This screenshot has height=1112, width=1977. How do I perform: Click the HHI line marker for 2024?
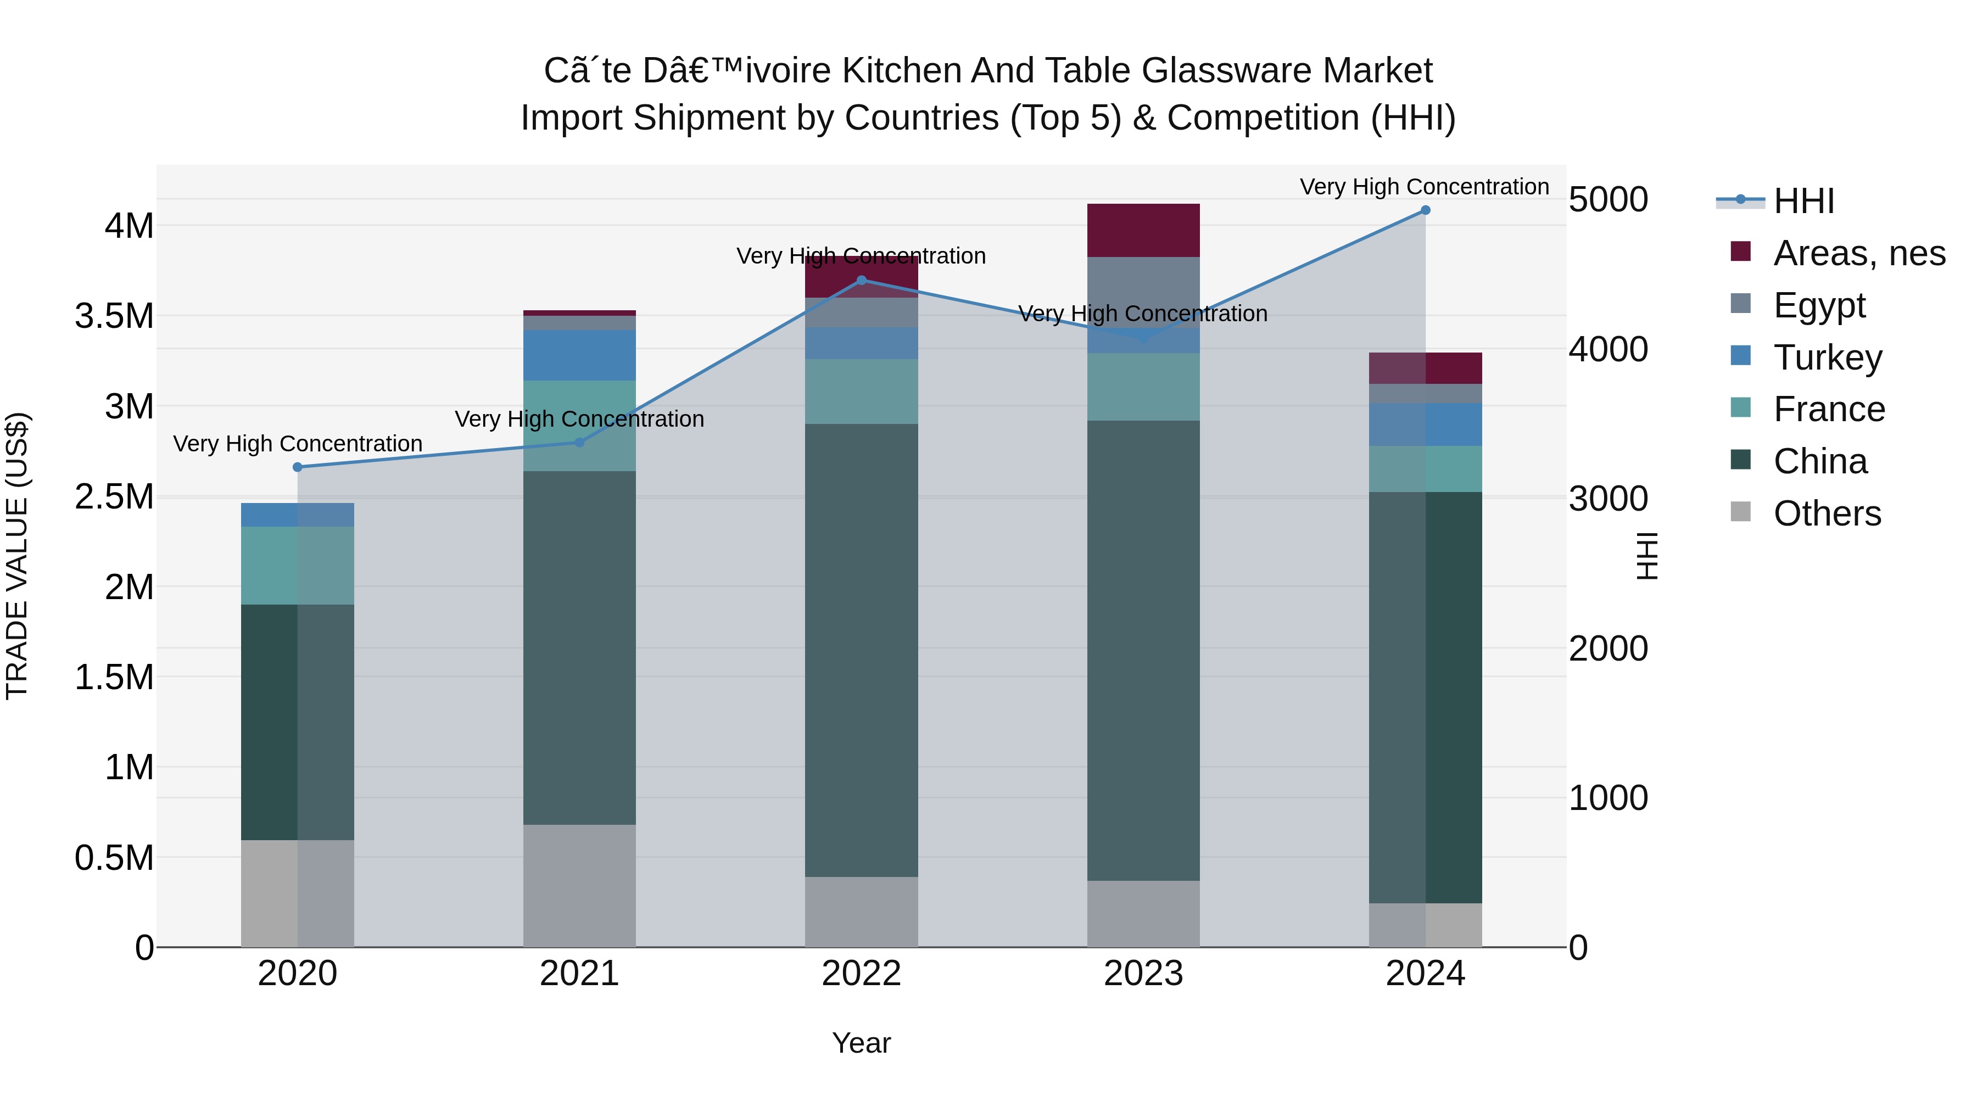[x=1425, y=210]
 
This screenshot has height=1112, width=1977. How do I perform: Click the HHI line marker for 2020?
[x=298, y=467]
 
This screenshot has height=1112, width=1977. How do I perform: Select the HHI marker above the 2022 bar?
[x=861, y=281]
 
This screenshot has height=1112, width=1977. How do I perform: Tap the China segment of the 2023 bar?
[x=1143, y=651]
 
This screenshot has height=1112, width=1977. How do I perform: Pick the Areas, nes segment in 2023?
[x=1143, y=230]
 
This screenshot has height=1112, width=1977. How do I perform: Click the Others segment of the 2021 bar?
[x=579, y=886]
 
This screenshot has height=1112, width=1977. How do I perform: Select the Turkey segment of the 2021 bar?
[x=579, y=355]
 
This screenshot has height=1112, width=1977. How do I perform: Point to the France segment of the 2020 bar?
[x=298, y=566]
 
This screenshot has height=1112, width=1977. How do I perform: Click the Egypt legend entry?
[x=1819, y=305]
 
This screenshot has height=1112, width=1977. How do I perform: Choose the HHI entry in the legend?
[x=1803, y=201]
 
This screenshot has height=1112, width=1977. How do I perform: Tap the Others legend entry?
[x=1827, y=513]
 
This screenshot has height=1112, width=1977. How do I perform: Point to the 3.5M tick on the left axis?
[x=114, y=316]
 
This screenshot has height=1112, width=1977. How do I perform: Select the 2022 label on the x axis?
[x=861, y=974]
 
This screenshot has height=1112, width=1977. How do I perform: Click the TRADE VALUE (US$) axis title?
[x=17, y=556]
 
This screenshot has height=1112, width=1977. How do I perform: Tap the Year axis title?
[x=861, y=1043]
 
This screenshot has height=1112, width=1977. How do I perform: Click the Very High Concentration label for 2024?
[x=1425, y=187]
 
